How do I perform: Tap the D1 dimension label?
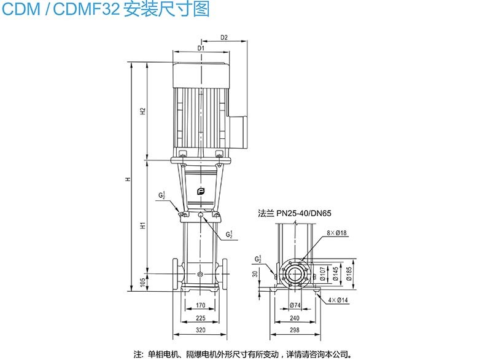click(201, 48)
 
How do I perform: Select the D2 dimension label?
click(224, 37)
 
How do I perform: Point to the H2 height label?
click(142, 111)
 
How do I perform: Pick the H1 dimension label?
click(142, 225)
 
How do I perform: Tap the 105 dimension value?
click(142, 281)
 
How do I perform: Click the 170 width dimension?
click(201, 305)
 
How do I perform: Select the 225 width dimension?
click(201, 318)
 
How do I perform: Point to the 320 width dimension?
click(201, 331)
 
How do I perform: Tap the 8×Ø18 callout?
click(337, 233)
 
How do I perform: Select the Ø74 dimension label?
click(295, 306)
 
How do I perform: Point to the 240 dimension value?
click(295, 318)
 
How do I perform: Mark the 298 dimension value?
click(295, 331)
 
